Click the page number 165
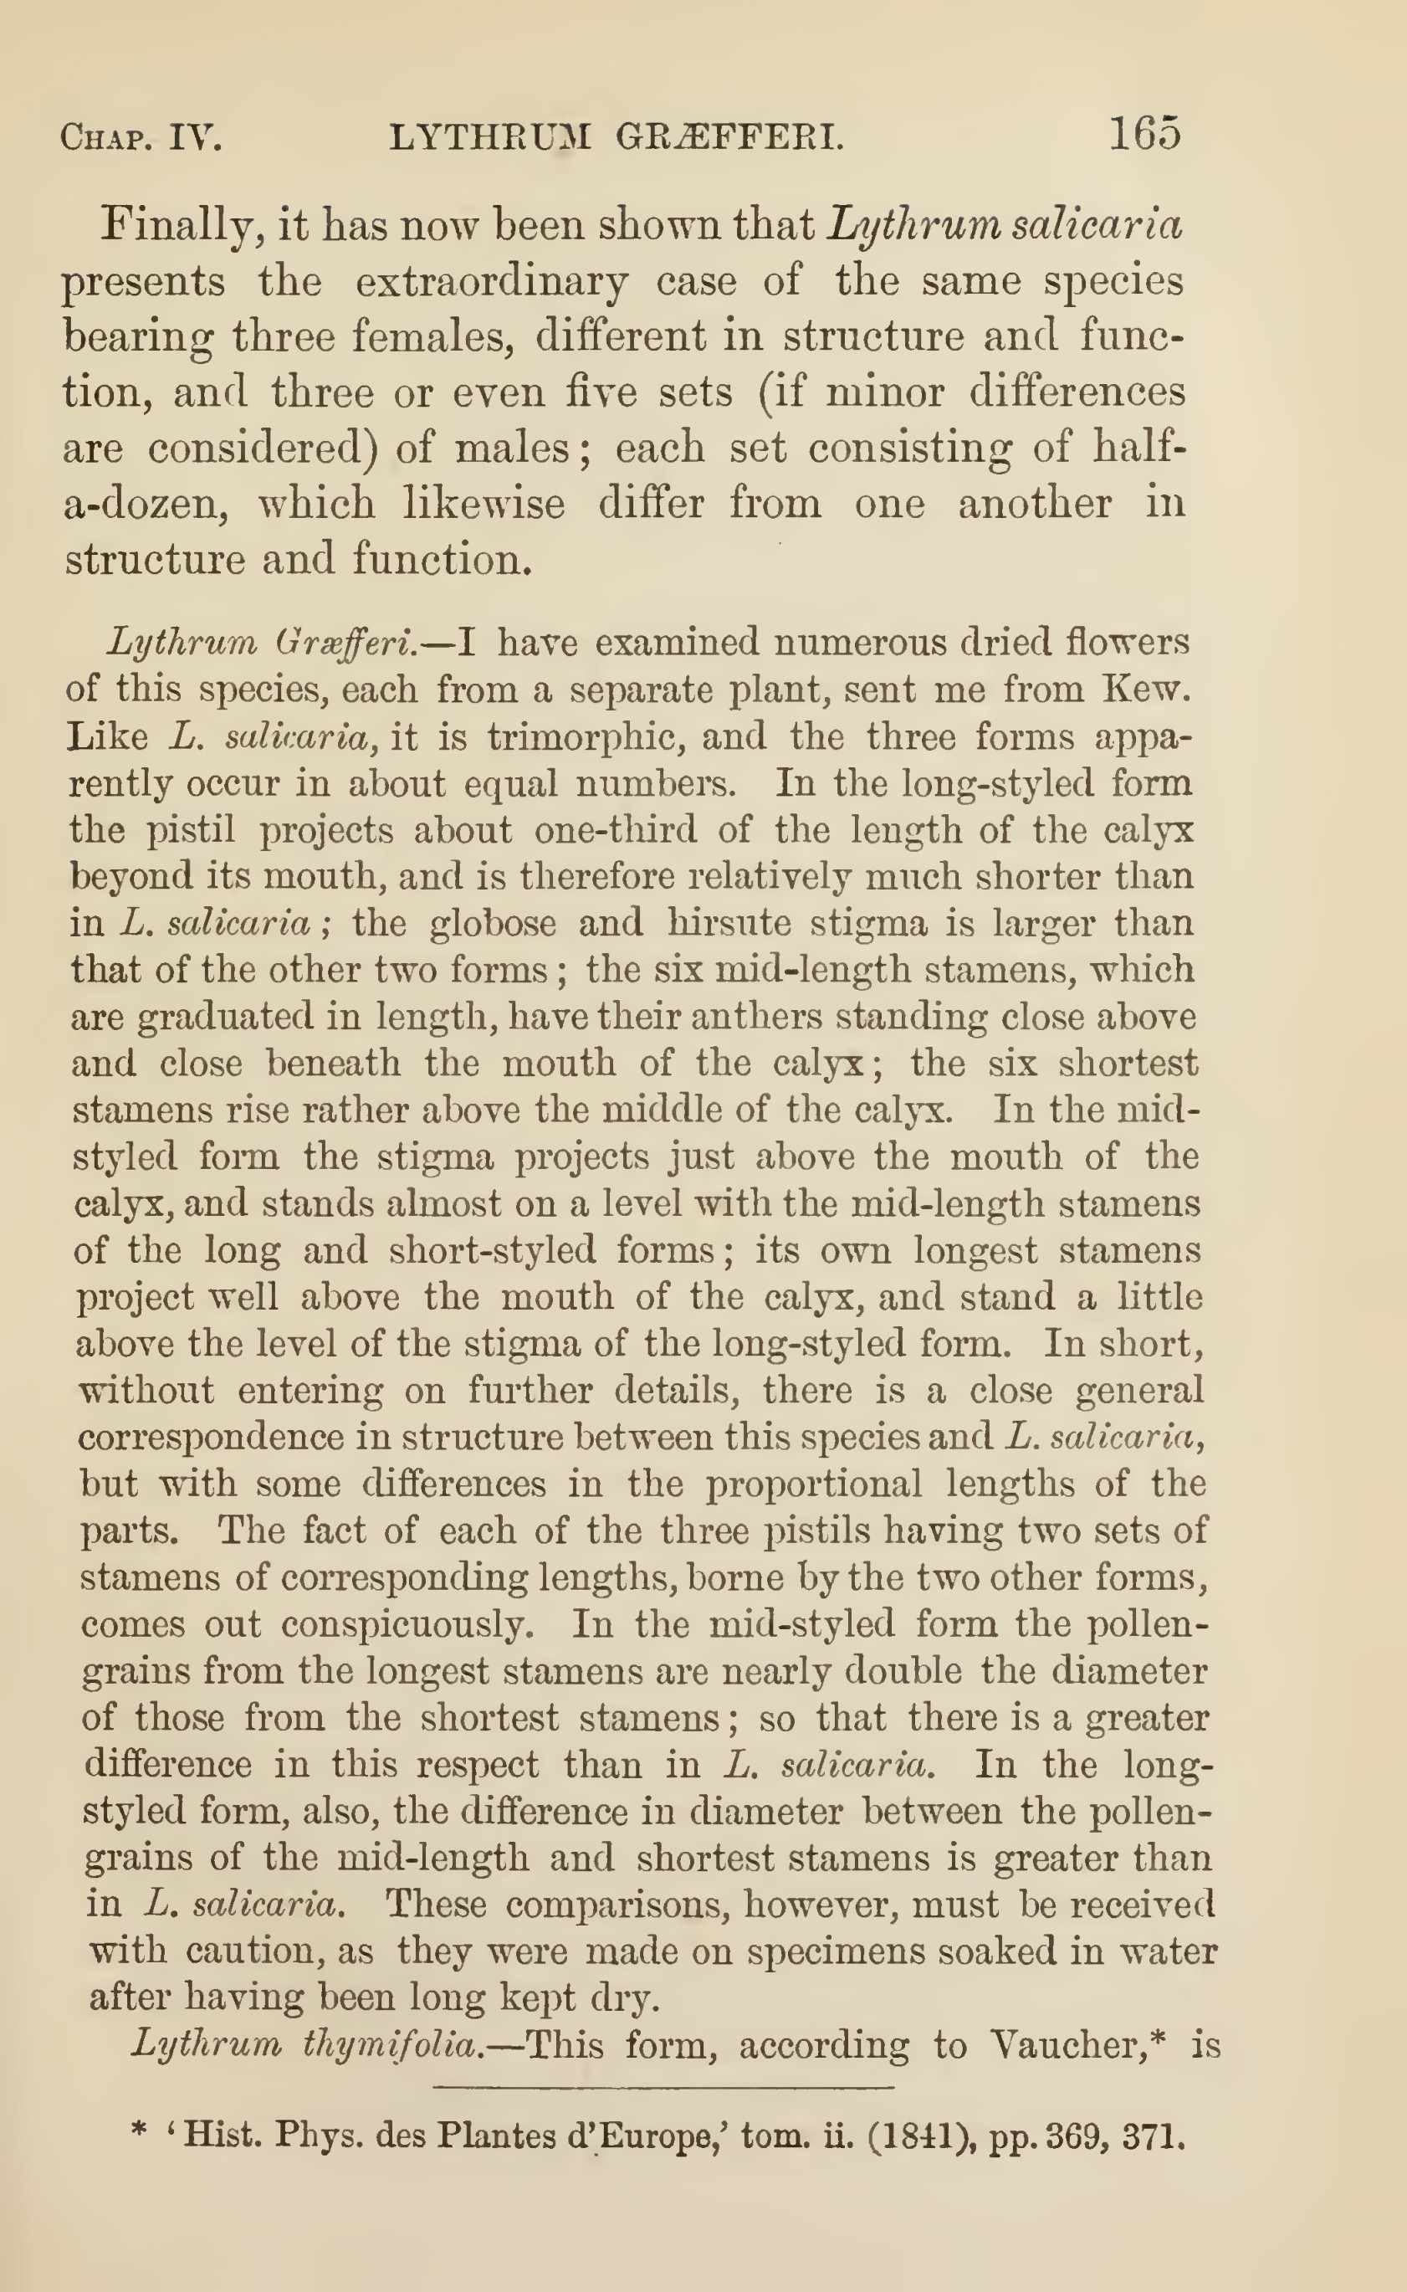tap(1144, 134)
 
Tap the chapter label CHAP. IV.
tap(141, 139)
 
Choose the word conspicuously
tap(407, 1624)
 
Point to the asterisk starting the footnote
tap(140, 2132)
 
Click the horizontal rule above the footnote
tap(663, 2088)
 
